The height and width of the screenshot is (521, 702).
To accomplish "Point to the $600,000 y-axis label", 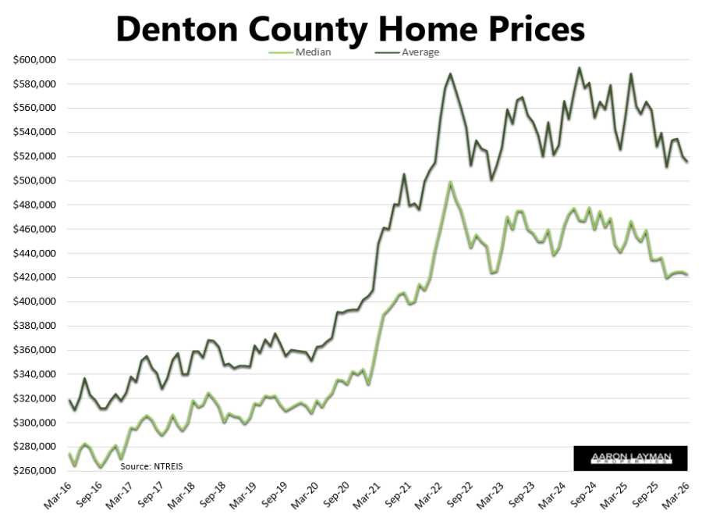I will pyautogui.click(x=34, y=60).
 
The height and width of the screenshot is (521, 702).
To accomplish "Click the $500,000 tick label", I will pyautogui.click(x=34, y=181).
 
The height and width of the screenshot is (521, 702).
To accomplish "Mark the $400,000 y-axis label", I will pyautogui.click(x=34, y=302).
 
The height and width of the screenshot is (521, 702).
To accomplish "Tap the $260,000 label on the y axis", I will pyautogui.click(x=34, y=471).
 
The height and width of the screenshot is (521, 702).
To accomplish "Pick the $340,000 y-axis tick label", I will pyautogui.click(x=34, y=375).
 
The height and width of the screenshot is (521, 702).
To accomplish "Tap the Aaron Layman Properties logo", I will pyautogui.click(x=630, y=459).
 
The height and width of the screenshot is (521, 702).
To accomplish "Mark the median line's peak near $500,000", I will pyautogui.click(x=450, y=182).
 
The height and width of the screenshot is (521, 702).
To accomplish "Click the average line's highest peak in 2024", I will pyautogui.click(x=579, y=68).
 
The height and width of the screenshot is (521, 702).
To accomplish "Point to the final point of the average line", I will pyautogui.click(x=687, y=162).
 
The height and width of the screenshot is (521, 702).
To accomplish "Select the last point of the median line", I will pyautogui.click(x=687, y=275).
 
